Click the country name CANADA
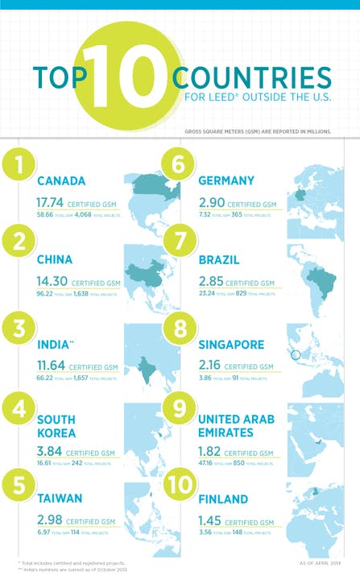(x=61, y=181)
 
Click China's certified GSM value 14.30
(x=52, y=283)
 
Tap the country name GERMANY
(x=226, y=180)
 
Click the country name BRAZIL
(x=220, y=260)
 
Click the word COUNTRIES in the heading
(x=252, y=77)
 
